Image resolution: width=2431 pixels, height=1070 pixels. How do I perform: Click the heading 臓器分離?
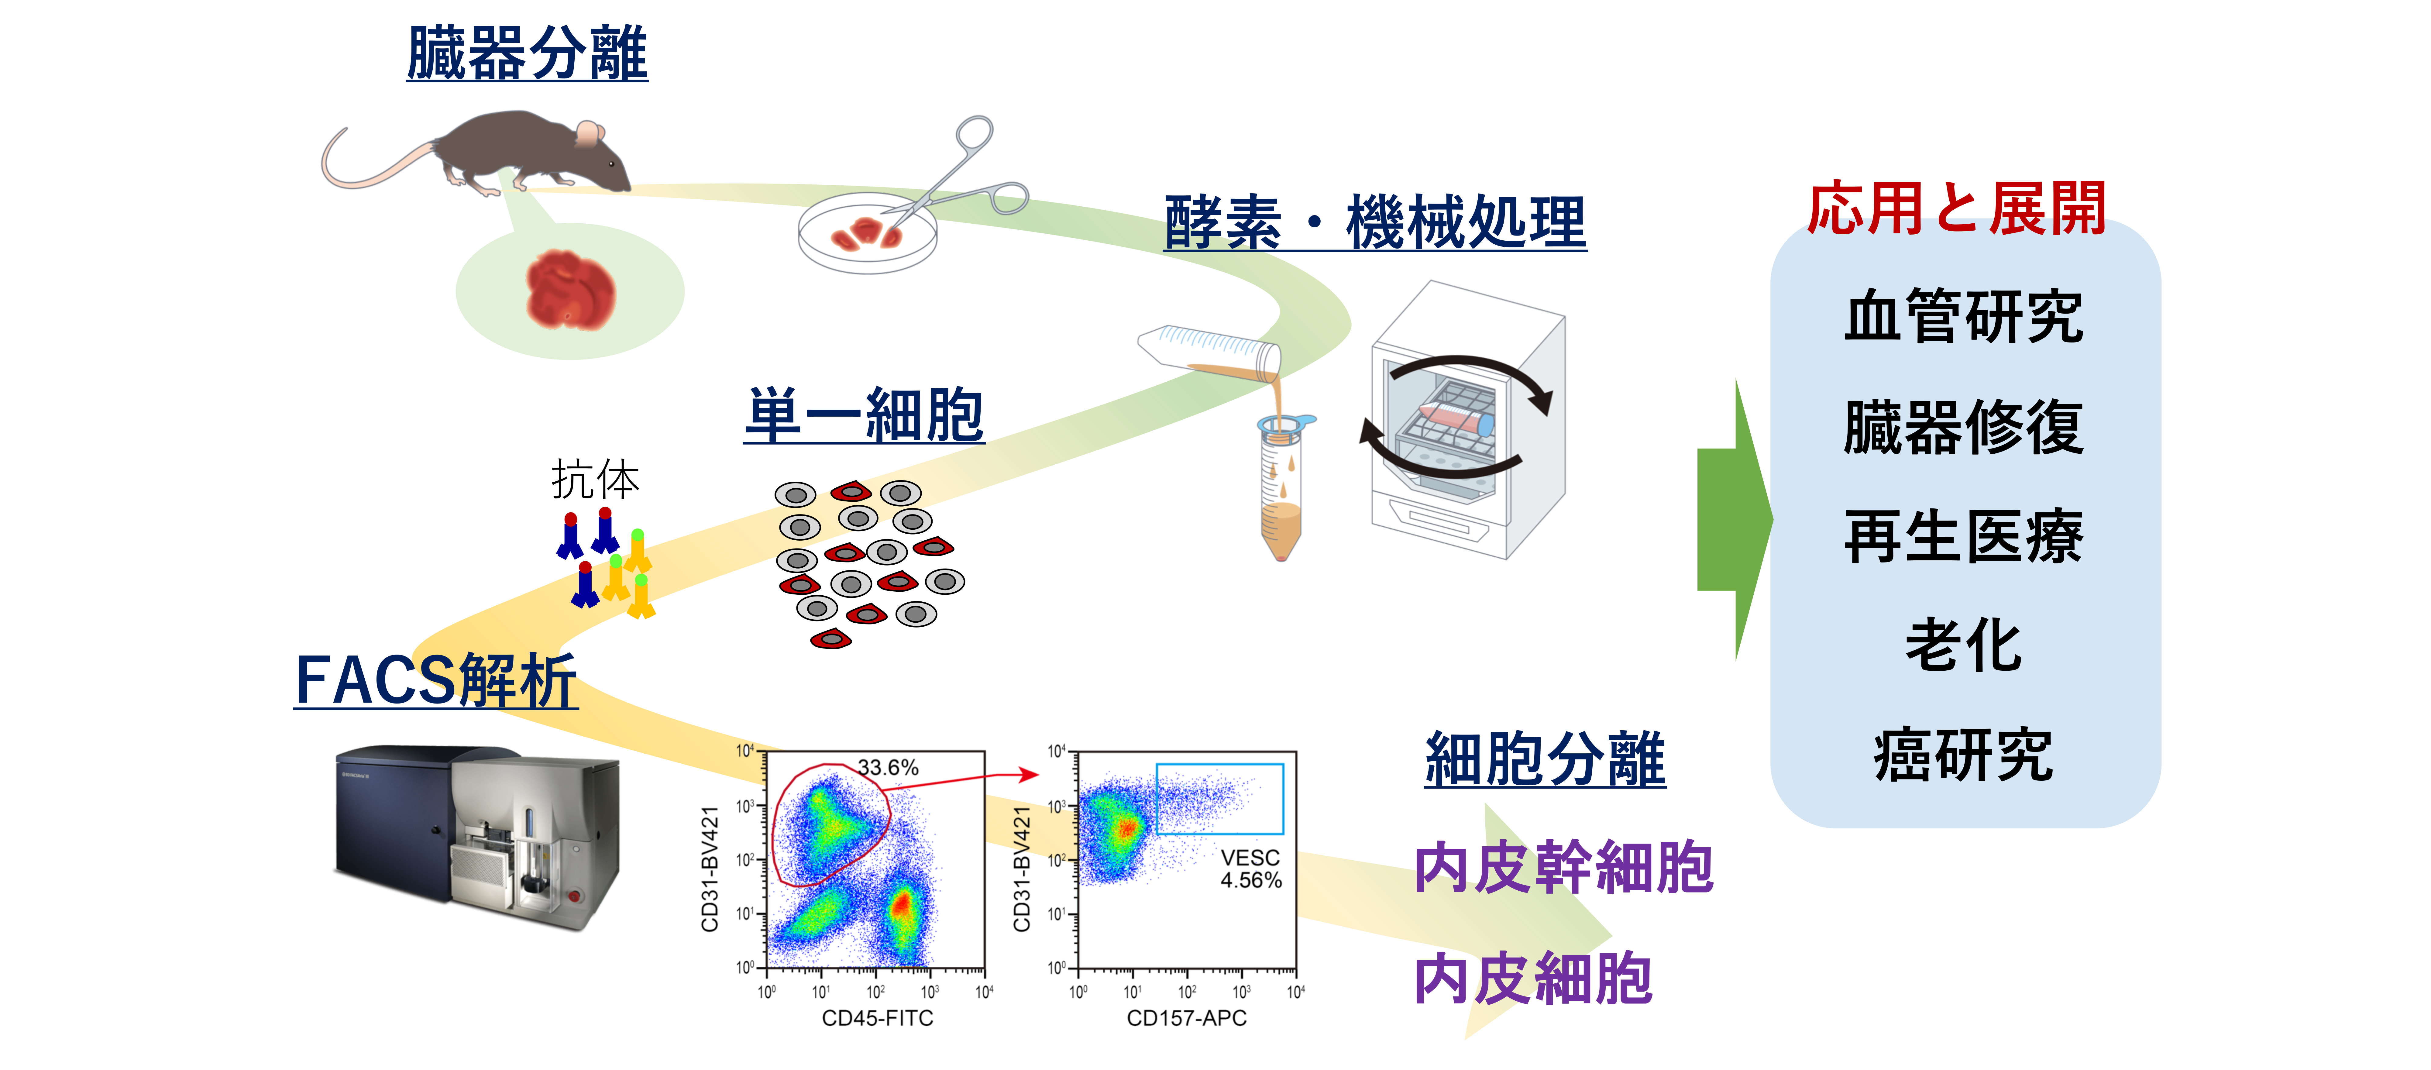(x=527, y=54)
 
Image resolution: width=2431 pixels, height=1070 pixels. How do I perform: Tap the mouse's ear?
(x=589, y=133)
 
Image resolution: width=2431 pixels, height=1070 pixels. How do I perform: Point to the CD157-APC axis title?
(x=1186, y=1018)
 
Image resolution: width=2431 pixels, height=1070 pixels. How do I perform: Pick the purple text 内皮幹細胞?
(x=1563, y=868)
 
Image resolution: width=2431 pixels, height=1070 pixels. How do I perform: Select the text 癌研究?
(x=1963, y=756)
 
